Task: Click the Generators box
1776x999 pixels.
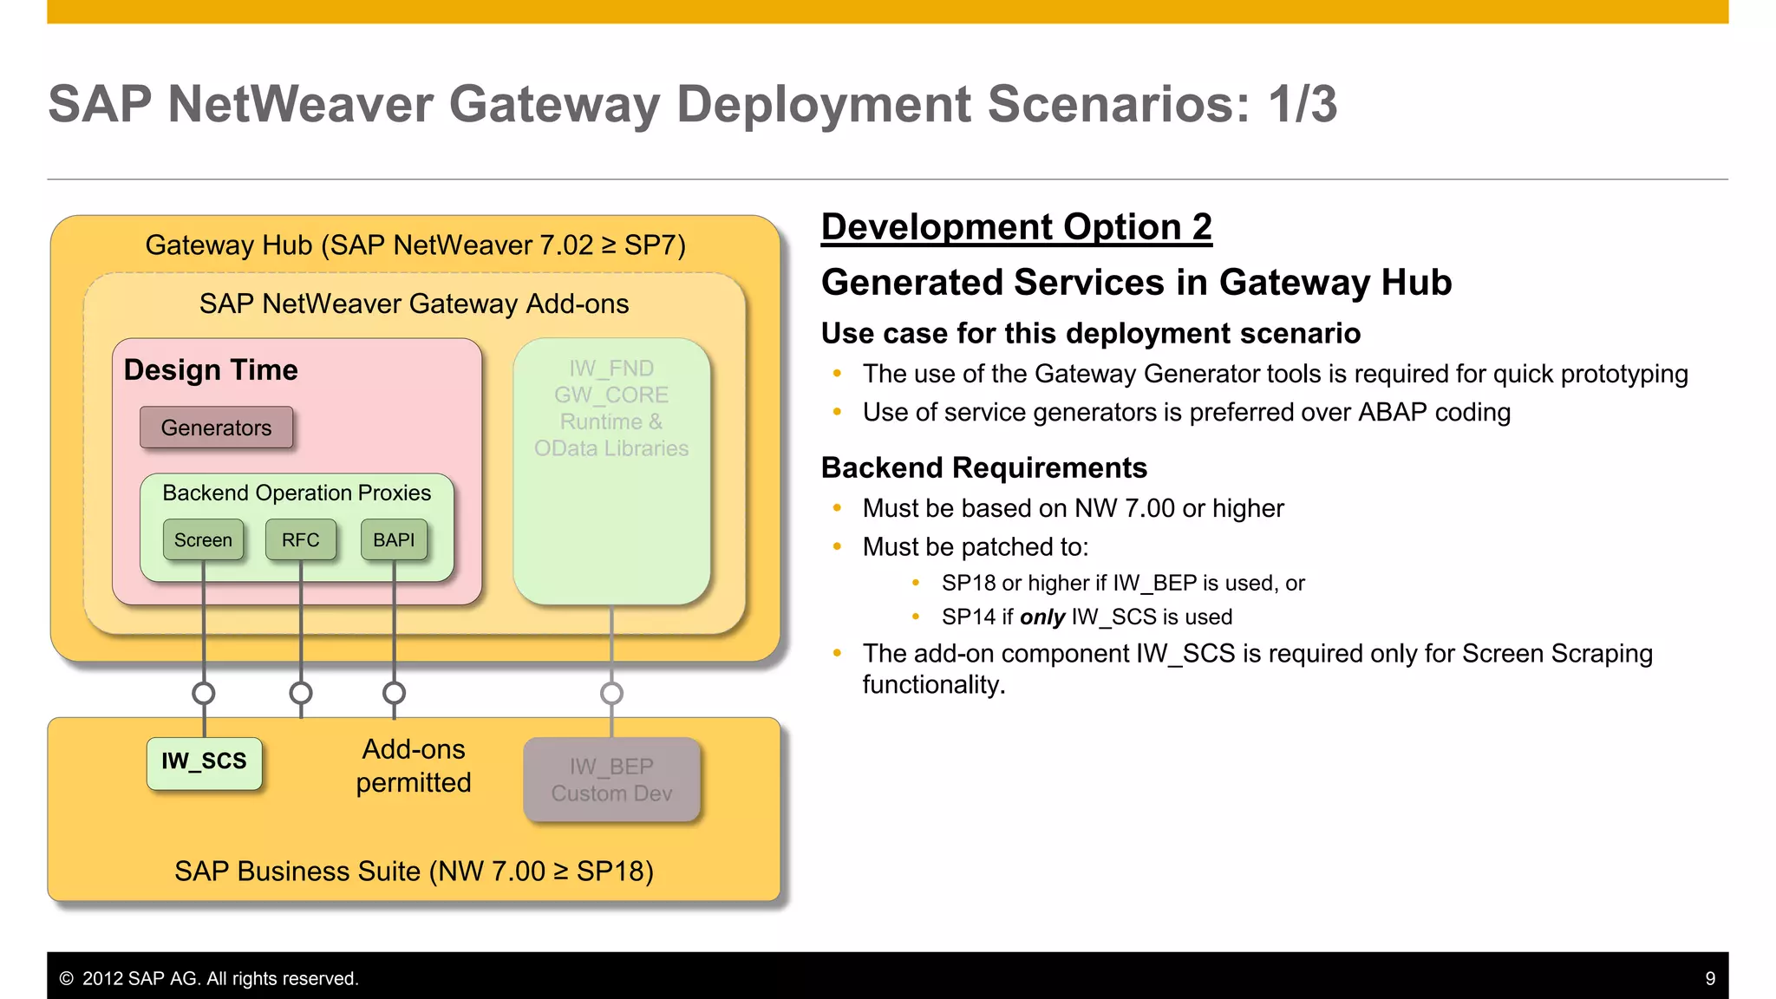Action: tap(216, 428)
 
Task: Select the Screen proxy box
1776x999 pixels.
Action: tap(203, 539)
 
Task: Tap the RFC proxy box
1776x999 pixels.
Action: tap(300, 539)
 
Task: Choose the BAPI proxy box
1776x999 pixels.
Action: tap(394, 539)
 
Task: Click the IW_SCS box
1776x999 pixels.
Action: tap(204, 762)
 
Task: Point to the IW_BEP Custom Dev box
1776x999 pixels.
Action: tap(611, 780)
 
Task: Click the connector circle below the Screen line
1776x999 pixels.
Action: tap(204, 693)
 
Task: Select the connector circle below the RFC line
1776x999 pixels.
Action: tap(301, 693)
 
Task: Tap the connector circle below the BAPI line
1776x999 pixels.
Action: tap(394, 693)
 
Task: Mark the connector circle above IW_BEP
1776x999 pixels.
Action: tap(611, 693)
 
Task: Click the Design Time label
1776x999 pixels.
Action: tap(211, 370)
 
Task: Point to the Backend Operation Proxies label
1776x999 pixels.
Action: tap(297, 493)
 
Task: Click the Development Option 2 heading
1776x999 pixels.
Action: tap(1016, 227)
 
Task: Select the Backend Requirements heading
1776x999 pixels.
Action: tap(983, 467)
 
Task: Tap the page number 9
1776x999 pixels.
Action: tap(1710, 978)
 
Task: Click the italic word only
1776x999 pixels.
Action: tap(1042, 617)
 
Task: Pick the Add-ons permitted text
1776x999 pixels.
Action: tap(414, 766)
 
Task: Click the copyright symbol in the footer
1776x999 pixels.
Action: tap(66, 978)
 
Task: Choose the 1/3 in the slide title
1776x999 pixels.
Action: tap(1303, 104)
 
